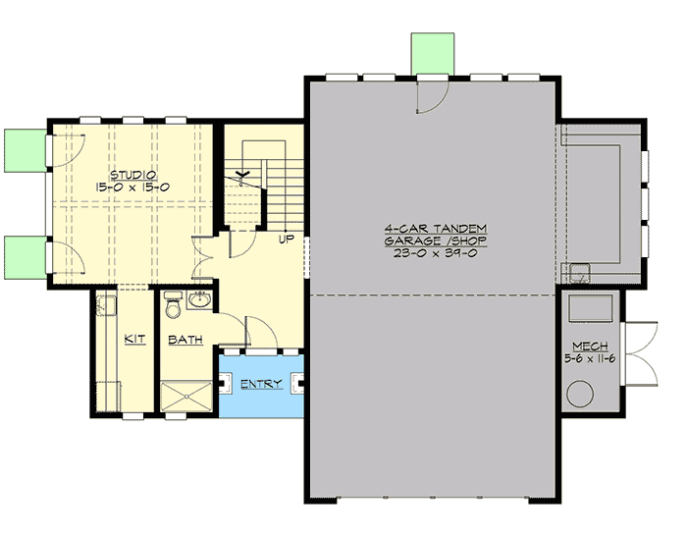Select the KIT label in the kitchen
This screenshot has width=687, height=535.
point(135,339)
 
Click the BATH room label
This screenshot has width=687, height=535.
point(185,340)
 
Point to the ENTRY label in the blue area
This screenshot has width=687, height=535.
point(261,384)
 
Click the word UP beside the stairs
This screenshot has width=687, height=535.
point(288,239)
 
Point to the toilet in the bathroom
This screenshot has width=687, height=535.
point(173,308)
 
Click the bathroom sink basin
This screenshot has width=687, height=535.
point(203,300)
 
